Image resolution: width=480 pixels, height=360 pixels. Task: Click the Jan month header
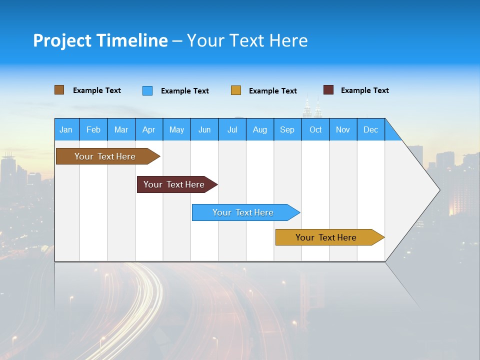(x=66, y=129)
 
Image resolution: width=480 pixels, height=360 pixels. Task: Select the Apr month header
(x=148, y=129)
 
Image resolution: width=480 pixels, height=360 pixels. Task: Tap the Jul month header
(x=232, y=129)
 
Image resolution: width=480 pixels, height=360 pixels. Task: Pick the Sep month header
(x=287, y=129)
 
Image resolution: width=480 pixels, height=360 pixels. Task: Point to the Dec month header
(x=370, y=129)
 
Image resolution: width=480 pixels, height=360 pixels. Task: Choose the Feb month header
(x=93, y=129)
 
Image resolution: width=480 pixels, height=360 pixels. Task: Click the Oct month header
(x=315, y=129)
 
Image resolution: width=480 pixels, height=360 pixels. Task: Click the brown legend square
(x=59, y=90)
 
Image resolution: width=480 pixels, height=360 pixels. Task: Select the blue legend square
(x=147, y=90)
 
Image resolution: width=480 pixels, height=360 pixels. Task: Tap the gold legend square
(x=236, y=90)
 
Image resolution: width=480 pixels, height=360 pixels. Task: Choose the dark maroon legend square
(x=328, y=90)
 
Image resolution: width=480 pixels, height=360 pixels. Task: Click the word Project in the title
(x=62, y=40)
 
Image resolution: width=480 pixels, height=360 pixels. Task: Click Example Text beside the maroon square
(x=364, y=90)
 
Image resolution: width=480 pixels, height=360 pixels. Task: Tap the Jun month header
(x=204, y=129)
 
